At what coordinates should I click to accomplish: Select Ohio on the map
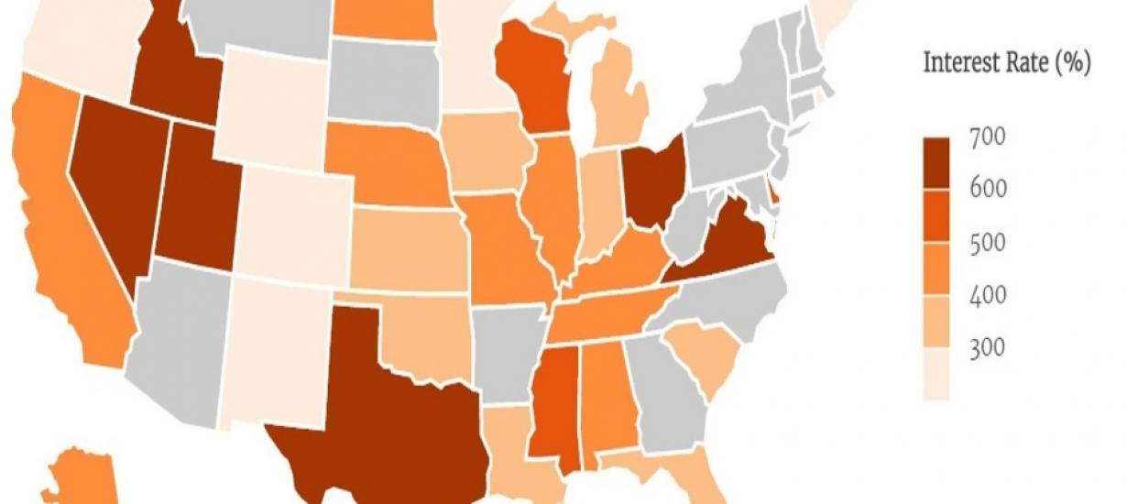[652, 179]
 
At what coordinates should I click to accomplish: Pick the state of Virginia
[724, 243]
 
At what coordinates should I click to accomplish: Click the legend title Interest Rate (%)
[1005, 65]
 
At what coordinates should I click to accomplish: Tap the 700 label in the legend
[988, 137]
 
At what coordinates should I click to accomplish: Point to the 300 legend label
[988, 349]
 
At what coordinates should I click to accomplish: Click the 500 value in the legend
[988, 244]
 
